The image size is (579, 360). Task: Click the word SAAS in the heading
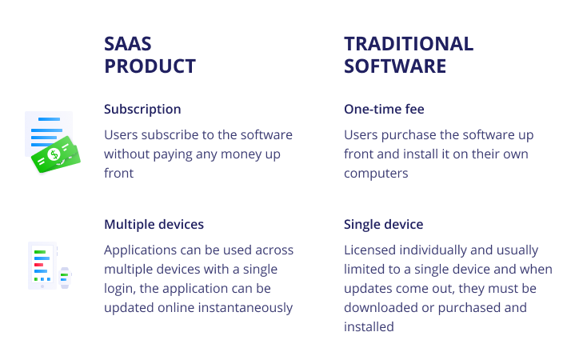point(128,44)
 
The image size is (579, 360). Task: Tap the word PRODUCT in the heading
point(150,66)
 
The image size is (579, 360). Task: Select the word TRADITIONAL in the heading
point(409,44)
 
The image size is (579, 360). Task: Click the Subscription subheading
point(142,110)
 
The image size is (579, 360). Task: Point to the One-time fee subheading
point(384,110)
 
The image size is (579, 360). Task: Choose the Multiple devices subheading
point(154,225)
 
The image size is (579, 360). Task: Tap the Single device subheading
point(384,225)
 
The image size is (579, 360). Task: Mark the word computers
point(376,174)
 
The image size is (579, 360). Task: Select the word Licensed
point(369,250)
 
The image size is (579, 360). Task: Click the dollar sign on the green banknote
point(54,154)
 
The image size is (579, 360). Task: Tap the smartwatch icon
point(65,278)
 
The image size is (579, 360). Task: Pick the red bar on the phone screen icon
point(38,265)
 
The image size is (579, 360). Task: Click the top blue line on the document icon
point(49,119)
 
